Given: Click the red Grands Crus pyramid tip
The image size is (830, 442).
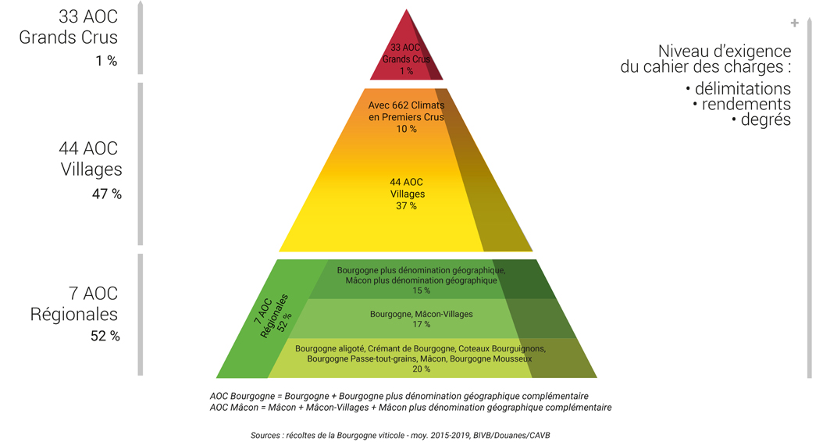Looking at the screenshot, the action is (407, 10).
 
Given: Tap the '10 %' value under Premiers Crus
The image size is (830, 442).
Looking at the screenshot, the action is (407, 129).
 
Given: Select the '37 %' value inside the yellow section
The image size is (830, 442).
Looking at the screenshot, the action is (407, 206).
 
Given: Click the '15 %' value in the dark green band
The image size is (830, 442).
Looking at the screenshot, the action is (422, 291).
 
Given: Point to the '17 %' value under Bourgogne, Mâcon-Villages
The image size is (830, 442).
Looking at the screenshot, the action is (422, 324).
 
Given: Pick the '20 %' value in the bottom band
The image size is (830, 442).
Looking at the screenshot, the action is (422, 369).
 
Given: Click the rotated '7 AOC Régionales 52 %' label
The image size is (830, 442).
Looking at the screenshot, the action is (273, 316).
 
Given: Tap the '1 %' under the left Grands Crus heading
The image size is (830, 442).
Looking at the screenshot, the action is (106, 61).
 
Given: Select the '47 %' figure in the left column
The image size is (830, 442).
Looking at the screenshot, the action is (107, 194).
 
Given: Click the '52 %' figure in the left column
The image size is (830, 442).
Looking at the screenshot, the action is (105, 336).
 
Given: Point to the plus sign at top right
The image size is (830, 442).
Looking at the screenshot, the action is (795, 23).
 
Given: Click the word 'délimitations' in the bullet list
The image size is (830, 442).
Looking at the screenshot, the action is (743, 88).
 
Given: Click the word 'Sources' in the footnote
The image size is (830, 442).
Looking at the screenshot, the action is (265, 435).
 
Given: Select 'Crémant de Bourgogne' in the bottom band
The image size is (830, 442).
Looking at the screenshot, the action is (411, 349).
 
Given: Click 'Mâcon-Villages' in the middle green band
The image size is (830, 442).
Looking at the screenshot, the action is (443, 314).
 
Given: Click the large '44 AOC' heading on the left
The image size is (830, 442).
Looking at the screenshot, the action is (88, 148).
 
